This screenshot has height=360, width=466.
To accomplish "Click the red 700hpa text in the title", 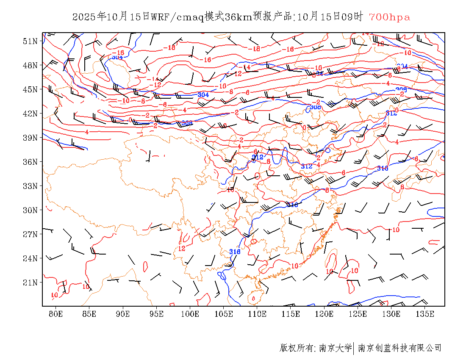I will click(x=389, y=17).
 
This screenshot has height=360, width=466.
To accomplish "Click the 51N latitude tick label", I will click(x=30, y=41).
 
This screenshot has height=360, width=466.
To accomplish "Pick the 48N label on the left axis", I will click(x=30, y=65).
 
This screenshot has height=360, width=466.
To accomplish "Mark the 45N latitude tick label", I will click(x=30, y=89).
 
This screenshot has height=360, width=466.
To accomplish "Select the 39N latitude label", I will click(x=30, y=138).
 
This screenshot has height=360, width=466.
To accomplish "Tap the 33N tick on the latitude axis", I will click(x=30, y=186).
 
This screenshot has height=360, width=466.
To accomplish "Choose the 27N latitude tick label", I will click(x=30, y=234).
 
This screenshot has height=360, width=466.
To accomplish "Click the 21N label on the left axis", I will click(x=30, y=282).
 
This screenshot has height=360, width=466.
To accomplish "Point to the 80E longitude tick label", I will click(x=55, y=314).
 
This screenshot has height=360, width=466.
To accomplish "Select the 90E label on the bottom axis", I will click(x=123, y=314).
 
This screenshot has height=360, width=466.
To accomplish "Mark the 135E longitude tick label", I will click(x=425, y=314).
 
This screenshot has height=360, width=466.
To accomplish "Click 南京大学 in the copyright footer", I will click(x=335, y=348).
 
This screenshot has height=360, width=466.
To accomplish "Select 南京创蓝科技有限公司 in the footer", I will click(x=399, y=348).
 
